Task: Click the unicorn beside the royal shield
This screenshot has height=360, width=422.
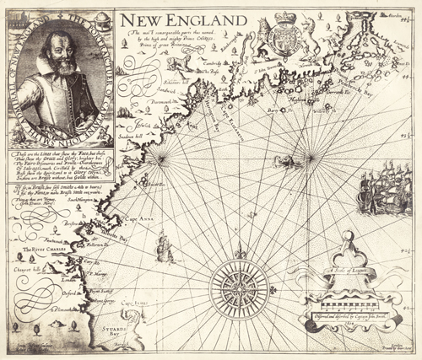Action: point(315,41)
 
